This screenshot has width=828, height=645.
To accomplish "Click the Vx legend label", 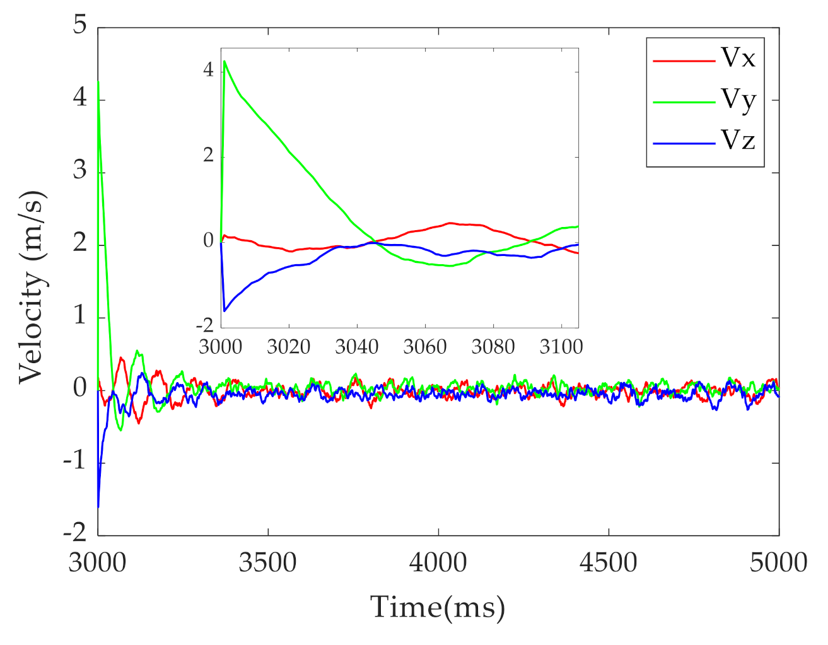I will pyautogui.click(x=738, y=58).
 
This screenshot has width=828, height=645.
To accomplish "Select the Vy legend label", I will pyautogui.click(x=738, y=100).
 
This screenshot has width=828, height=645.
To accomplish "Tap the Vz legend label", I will pyautogui.click(x=738, y=140).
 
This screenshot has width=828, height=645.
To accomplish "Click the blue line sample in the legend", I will pyautogui.click(x=684, y=144).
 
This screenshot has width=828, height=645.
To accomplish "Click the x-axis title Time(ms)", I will pyautogui.click(x=438, y=607).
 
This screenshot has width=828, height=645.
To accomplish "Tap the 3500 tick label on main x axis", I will pyautogui.click(x=267, y=562).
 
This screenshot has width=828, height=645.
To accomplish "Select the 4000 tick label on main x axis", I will pyautogui.click(x=438, y=562).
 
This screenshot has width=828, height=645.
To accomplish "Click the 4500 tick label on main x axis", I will pyautogui.click(x=608, y=562).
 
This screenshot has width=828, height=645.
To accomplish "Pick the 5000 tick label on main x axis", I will pyautogui.click(x=778, y=562).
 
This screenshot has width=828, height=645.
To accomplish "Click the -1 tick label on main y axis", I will pyautogui.click(x=74, y=461).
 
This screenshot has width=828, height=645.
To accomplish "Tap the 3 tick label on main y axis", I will pyautogui.click(x=79, y=170).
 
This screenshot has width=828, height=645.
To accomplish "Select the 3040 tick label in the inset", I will pyautogui.click(x=356, y=347).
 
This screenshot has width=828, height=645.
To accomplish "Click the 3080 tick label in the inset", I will pyautogui.click(x=493, y=347).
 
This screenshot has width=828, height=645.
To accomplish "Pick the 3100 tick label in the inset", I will pyautogui.click(x=561, y=347).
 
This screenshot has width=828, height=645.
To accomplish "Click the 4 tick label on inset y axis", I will pyautogui.click(x=208, y=70).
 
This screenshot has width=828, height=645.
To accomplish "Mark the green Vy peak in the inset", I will pyautogui.click(x=224, y=61).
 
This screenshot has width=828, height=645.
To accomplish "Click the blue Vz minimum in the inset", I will pyautogui.click(x=224, y=311).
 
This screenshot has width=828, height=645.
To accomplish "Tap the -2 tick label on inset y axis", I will pyautogui.click(x=206, y=325).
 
